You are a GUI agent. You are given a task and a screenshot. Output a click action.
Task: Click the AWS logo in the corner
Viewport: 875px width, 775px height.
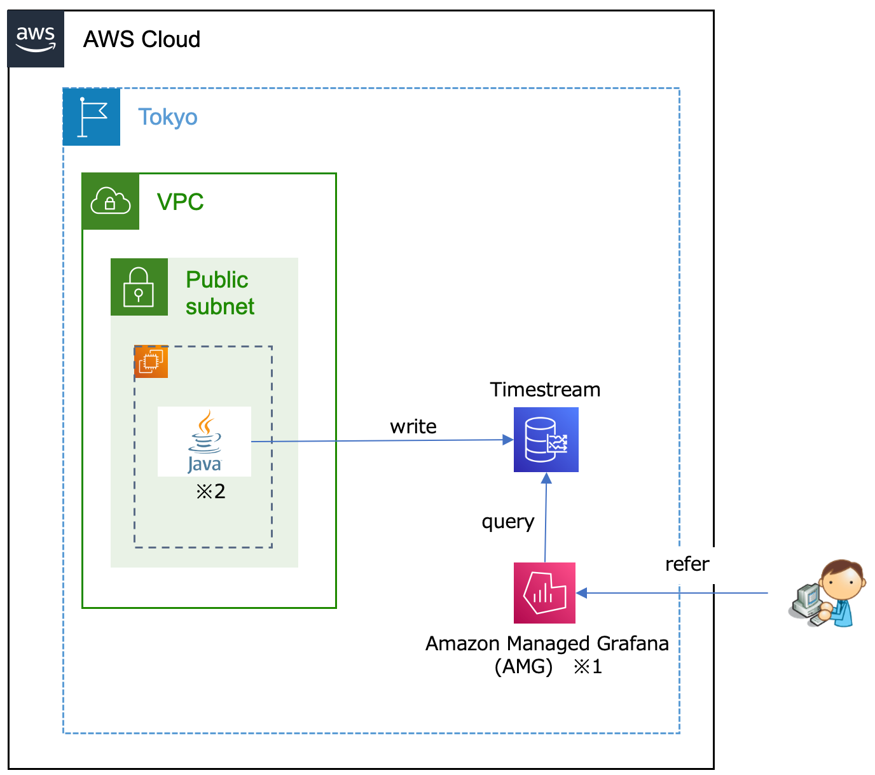click(36, 39)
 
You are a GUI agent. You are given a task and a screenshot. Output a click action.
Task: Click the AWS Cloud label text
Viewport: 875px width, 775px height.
click(142, 39)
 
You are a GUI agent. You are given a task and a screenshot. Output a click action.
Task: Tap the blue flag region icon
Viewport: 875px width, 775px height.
click(92, 117)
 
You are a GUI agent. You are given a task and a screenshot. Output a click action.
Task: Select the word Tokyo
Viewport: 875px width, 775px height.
click(168, 117)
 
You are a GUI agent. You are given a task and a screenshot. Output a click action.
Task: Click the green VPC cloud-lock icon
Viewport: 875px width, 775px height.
click(111, 202)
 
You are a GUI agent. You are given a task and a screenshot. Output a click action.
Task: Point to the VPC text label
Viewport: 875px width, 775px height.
click(181, 202)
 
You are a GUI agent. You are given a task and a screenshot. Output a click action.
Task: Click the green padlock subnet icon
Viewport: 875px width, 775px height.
click(139, 287)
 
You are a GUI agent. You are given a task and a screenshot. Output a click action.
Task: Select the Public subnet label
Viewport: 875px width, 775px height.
click(219, 293)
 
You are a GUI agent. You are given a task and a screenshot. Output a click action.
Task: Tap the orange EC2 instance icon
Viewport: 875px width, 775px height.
click(151, 362)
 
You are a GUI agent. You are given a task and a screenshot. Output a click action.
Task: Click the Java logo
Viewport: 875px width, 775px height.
click(204, 442)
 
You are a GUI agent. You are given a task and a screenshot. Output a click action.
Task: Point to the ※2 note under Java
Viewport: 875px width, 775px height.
click(210, 491)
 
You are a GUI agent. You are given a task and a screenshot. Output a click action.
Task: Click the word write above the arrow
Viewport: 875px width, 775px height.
click(413, 426)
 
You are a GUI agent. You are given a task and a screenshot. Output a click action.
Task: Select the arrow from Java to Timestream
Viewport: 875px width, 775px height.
click(382, 440)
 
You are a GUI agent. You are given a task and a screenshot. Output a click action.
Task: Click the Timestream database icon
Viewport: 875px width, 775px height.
click(546, 440)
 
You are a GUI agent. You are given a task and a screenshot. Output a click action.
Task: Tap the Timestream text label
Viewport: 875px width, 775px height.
click(545, 389)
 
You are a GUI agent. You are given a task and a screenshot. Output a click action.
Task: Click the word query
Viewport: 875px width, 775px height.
click(508, 522)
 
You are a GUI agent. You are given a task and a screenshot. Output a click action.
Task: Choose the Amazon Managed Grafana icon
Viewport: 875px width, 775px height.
click(544, 593)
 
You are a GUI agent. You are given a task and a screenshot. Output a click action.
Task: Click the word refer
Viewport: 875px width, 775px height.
click(687, 564)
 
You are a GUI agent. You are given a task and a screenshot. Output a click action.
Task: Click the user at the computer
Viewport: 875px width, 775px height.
click(828, 594)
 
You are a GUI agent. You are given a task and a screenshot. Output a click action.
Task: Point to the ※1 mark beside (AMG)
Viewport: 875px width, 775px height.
click(588, 667)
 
